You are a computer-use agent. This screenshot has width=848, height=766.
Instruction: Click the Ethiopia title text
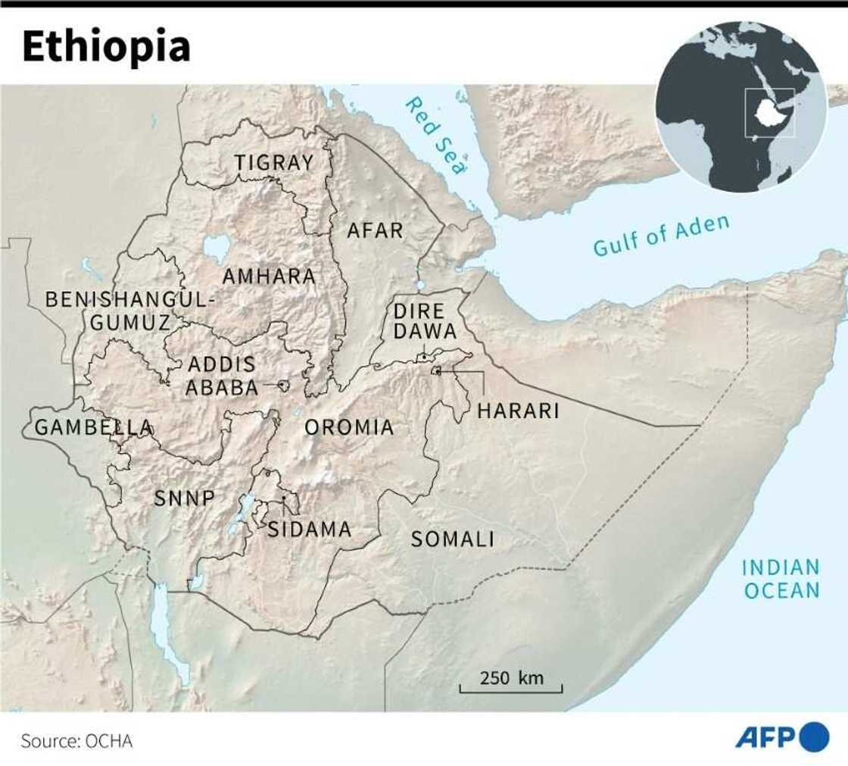(106, 47)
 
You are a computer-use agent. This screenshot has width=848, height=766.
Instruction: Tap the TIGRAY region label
(273, 162)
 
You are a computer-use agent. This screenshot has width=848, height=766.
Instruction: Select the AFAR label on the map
(375, 230)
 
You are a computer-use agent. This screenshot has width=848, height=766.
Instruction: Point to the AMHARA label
(269, 277)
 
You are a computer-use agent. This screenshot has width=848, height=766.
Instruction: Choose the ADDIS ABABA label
(222, 376)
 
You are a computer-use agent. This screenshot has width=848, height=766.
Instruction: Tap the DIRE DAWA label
(425, 320)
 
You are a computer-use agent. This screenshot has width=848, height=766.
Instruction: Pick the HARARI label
(518, 411)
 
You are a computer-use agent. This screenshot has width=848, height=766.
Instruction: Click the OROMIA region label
(349, 427)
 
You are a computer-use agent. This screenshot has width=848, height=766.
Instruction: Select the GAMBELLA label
(94, 427)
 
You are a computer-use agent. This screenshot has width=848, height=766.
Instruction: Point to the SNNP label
(185, 498)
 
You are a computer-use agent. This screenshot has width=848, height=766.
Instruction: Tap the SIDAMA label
(310, 529)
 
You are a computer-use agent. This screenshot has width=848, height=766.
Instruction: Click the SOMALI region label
(452, 539)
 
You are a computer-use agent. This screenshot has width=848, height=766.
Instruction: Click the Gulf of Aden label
(661, 236)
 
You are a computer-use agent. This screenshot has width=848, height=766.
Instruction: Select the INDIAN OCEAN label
(781, 578)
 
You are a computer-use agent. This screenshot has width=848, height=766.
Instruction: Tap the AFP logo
(782, 736)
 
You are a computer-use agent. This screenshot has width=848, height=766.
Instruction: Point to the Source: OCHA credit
(76, 740)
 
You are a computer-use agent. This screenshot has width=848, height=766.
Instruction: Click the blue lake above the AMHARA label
(216, 247)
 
